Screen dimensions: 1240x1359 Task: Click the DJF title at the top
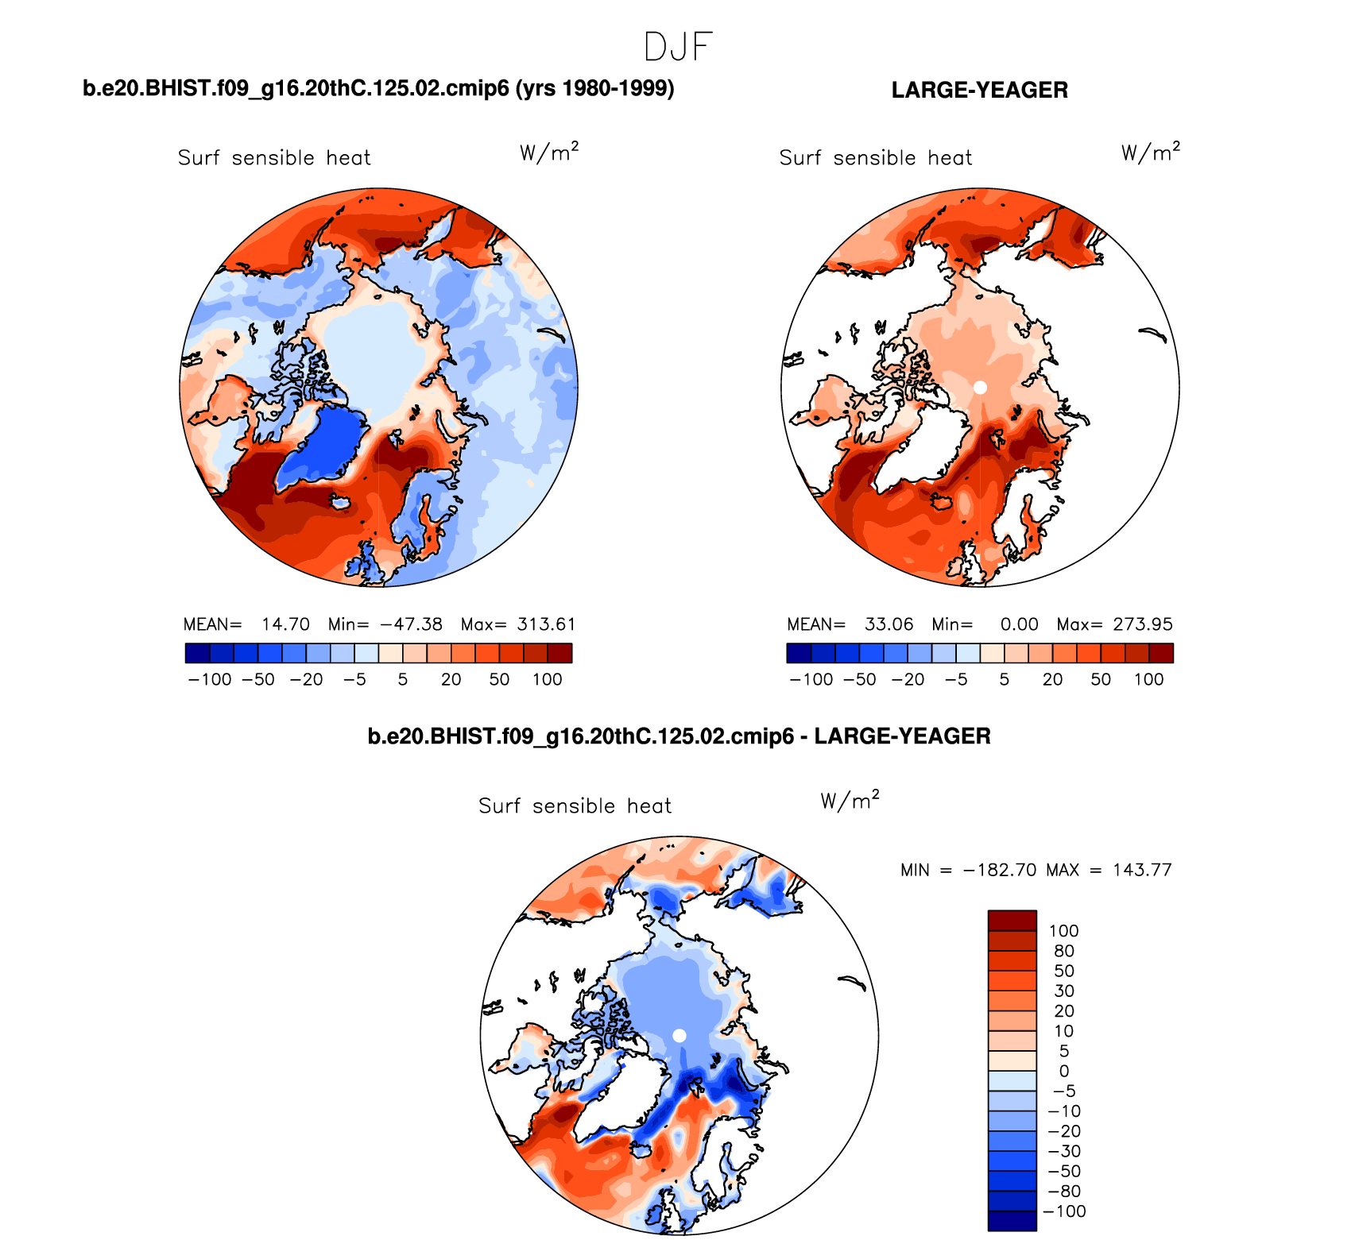pyautogui.click(x=678, y=47)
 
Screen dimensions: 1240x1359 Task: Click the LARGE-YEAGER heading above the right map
pyautogui.click(x=979, y=90)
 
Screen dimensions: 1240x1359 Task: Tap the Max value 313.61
pyautogui.click(x=546, y=624)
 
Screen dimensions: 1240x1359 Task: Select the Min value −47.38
pyautogui.click(x=411, y=624)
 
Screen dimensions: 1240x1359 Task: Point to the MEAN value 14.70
pyautogui.click(x=285, y=624)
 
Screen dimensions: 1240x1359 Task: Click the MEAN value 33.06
pyautogui.click(x=889, y=624)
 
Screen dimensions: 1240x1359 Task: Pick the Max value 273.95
pyautogui.click(x=1142, y=624)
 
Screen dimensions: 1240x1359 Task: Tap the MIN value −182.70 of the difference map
pyautogui.click(x=999, y=870)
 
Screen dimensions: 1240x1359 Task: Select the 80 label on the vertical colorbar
pyautogui.click(x=1063, y=951)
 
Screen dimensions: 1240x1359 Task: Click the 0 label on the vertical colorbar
pyautogui.click(x=1063, y=1071)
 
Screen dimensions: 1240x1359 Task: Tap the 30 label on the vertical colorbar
pyautogui.click(x=1063, y=991)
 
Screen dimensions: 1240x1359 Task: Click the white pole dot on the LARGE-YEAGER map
pyautogui.click(x=980, y=387)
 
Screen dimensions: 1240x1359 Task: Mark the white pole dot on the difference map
pyautogui.click(x=679, y=1035)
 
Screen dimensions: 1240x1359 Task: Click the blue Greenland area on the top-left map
pyautogui.click(x=326, y=449)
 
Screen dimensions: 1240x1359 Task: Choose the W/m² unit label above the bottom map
pyautogui.click(x=850, y=800)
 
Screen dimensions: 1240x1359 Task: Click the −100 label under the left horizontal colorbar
pyautogui.click(x=210, y=679)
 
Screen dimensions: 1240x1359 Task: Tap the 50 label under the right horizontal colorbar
pyautogui.click(x=1100, y=679)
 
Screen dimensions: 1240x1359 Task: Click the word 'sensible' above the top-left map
pyautogui.click(x=273, y=157)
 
